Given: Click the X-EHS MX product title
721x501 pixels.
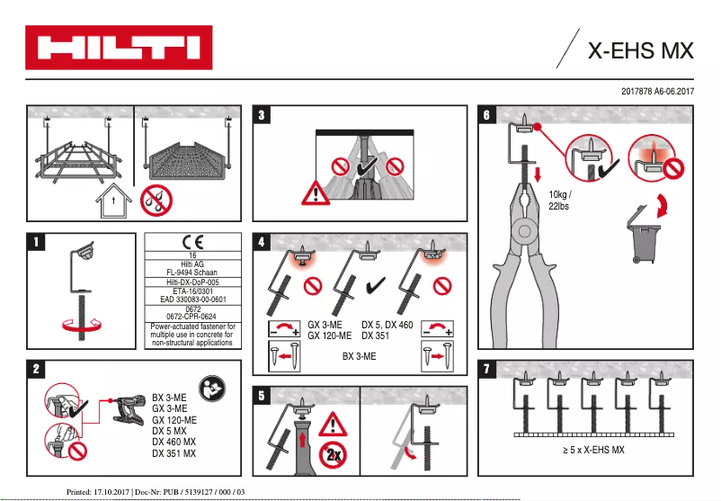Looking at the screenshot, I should (640, 50).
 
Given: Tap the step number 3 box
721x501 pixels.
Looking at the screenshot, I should (261, 115).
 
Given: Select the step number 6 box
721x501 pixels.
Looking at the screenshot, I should (486, 115).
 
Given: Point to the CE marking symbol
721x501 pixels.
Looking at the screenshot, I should (193, 242).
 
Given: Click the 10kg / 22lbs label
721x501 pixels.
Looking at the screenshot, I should (558, 200).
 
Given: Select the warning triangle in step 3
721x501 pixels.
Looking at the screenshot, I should (315, 191).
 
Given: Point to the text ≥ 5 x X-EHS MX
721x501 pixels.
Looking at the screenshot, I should (587, 449).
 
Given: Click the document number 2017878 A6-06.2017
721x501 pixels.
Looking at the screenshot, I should (658, 92).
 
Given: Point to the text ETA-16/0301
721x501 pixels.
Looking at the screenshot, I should (192, 291).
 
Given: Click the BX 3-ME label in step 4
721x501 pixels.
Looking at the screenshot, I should (360, 356).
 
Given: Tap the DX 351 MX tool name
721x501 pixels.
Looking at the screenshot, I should (174, 452).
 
